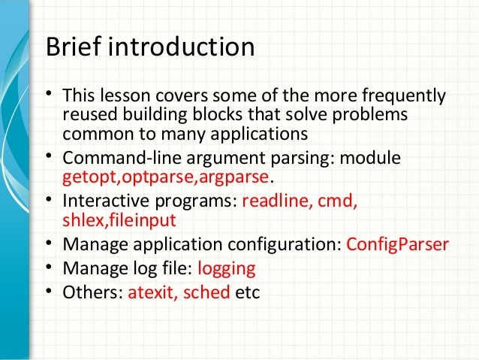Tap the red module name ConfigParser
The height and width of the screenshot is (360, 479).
click(x=397, y=244)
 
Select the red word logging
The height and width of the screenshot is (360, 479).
click(x=226, y=268)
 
